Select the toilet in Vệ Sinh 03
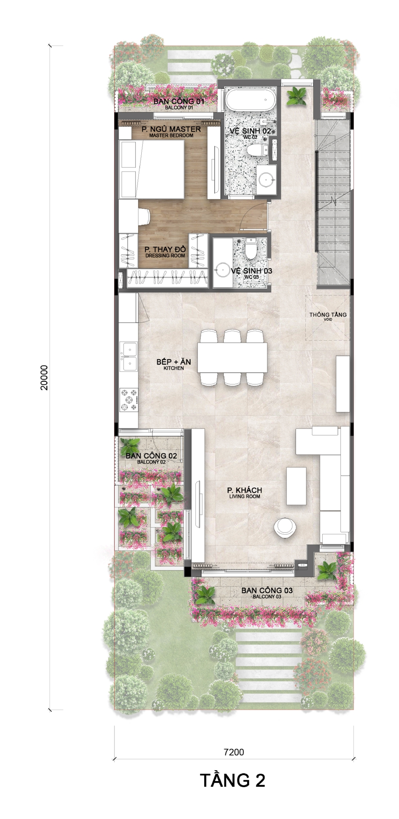[251, 248]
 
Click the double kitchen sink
[129, 356]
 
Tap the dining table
[232, 357]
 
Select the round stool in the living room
[285, 527]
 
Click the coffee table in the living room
[296, 486]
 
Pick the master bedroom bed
[152, 169]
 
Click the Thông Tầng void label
[328, 316]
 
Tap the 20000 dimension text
[44, 377]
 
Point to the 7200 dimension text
[234, 752]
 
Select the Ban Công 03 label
[267, 592]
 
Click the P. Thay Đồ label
[165, 252]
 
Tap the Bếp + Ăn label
[174, 364]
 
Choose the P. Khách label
[245, 492]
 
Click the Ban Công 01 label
[179, 103]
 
